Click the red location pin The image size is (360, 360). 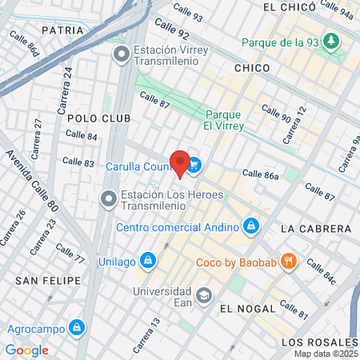[180, 162]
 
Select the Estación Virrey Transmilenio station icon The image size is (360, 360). [122, 54]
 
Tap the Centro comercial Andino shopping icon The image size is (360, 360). [251, 226]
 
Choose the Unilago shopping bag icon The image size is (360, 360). [147, 261]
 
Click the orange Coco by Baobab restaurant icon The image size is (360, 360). [290, 261]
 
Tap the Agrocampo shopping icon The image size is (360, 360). [76, 327]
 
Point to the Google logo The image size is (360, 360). [26, 350]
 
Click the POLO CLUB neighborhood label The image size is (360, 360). [93, 118]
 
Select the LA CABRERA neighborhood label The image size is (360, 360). [316, 229]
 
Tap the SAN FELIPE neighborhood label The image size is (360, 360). [48, 280]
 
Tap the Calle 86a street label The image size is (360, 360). [259, 174]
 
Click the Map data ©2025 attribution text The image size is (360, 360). [325, 354]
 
